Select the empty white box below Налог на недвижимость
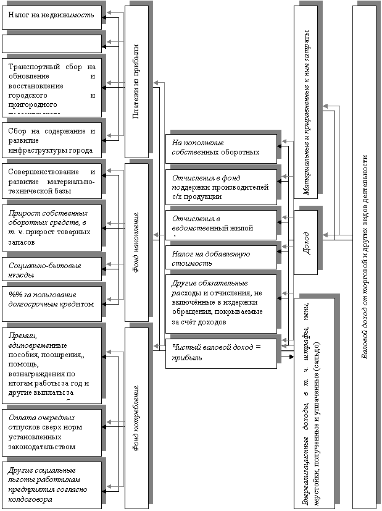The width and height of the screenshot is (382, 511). (x=51, y=43)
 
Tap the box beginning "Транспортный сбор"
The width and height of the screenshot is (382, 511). (x=51, y=86)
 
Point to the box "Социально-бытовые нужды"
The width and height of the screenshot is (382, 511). (x=51, y=269)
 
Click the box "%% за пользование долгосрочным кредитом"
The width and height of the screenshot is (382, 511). (x=51, y=300)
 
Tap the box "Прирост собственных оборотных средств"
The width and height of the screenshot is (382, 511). (x=51, y=225)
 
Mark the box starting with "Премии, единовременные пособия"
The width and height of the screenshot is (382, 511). (x=51, y=364)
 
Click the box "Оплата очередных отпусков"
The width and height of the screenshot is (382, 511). (x=51, y=431)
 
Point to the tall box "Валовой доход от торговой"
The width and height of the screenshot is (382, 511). (x=366, y=255)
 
